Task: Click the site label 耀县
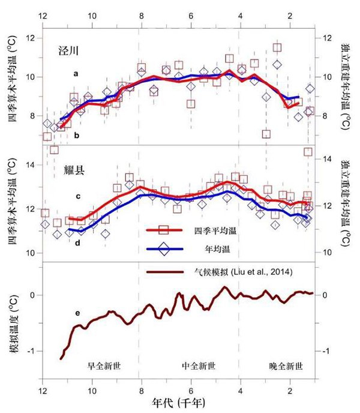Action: pyautogui.click(x=74, y=170)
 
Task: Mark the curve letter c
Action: pyautogui.click(x=78, y=196)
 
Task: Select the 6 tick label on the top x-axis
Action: pyautogui.click(x=190, y=17)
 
